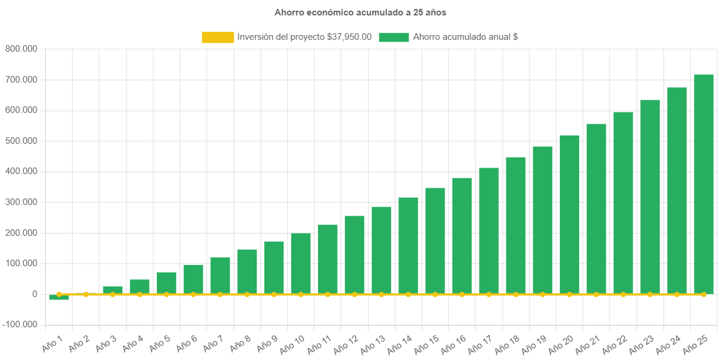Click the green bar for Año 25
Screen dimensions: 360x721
tap(704, 184)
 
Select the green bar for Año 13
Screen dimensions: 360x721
tap(382, 250)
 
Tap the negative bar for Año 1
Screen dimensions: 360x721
tap(59, 298)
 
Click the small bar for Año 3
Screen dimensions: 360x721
tap(112, 290)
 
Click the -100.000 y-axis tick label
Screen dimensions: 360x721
tap(20, 325)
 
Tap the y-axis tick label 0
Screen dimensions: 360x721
tap(34, 294)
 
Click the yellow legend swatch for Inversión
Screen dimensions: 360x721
tap(218, 37)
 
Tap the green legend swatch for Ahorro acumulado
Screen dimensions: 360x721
tap(393, 37)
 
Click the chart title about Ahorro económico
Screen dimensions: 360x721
tap(360, 12)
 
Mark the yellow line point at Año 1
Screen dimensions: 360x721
tap(59, 294)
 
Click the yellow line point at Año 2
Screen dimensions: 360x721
tap(86, 294)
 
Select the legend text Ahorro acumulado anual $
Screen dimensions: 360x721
tap(465, 37)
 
